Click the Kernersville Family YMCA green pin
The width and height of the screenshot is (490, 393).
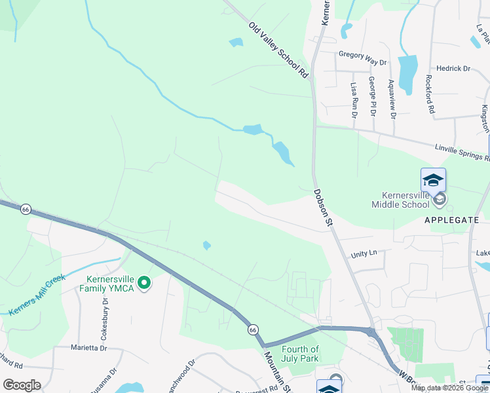pos(144,284)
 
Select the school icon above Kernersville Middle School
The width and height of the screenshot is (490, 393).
pos(433,179)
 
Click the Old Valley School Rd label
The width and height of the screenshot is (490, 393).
pos(278,50)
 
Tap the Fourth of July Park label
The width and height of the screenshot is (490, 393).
pos(300,354)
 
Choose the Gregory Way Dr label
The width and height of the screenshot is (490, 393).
pos(362,58)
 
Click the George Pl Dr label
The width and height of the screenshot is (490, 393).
pos(372,96)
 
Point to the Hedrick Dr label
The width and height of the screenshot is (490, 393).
pos(453,68)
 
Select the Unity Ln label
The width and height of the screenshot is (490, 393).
pos(364,253)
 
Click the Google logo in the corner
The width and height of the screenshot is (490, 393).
pos(22,385)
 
